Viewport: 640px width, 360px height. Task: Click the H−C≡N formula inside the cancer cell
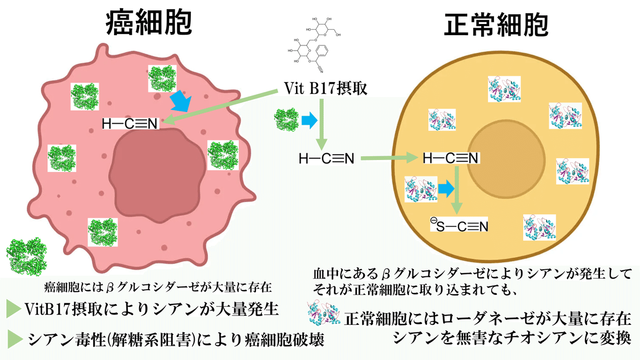[130, 124]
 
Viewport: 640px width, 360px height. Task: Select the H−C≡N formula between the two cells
[326, 158]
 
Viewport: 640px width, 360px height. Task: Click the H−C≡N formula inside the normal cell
[450, 158]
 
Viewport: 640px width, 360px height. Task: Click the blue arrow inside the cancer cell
[182, 101]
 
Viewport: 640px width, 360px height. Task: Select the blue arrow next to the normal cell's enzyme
[447, 188]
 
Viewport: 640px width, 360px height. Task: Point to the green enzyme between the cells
[286, 119]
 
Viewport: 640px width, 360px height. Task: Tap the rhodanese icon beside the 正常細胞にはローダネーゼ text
[324, 315]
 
